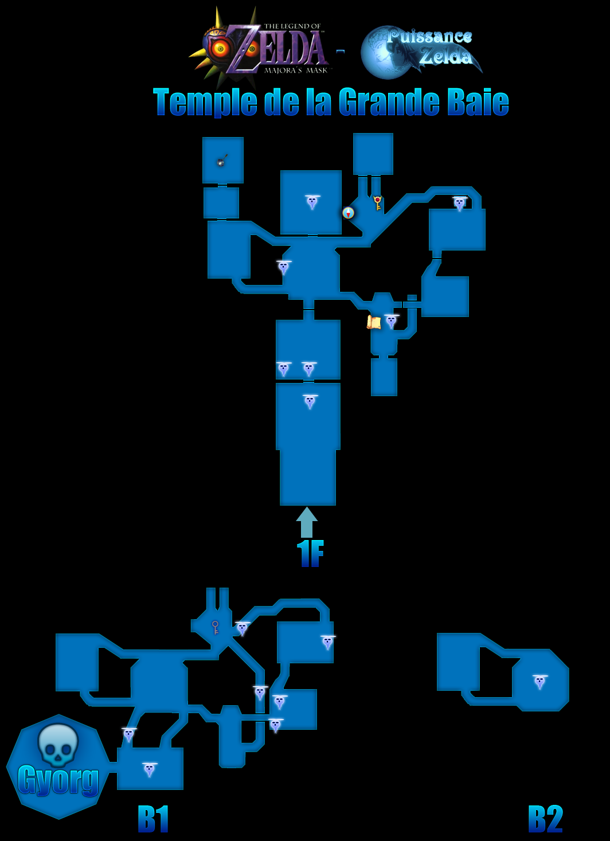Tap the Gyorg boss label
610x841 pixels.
(x=58, y=780)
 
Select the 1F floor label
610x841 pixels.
(x=310, y=553)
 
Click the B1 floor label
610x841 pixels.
(x=153, y=819)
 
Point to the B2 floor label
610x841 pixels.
(x=545, y=819)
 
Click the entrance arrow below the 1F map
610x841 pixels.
(x=307, y=522)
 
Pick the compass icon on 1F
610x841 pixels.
(x=349, y=213)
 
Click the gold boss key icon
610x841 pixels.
(x=377, y=203)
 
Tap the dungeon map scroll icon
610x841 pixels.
(x=374, y=323)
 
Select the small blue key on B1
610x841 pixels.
(x=215, y=627)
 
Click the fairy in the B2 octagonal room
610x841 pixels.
(x=540, y=682)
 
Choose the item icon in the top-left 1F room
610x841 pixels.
(x=222, y=161)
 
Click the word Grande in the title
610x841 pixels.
(x=389, y=102)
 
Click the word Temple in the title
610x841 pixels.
(x=205, y=103)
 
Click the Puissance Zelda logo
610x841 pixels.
(x=421, y=52)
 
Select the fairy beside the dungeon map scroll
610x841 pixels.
(x=391, y=322)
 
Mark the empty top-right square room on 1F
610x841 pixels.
(x=373, y=154)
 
